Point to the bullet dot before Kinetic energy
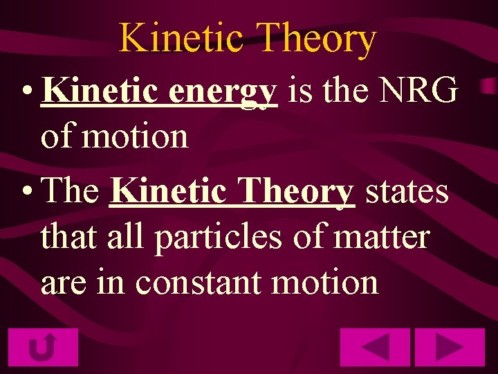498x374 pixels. click(x=26, y=91)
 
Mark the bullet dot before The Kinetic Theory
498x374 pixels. click(x=26, y=191)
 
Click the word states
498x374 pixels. click(x=406, y=191)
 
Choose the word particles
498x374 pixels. click(x=218, y=237)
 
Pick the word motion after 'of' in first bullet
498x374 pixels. click(x=135, y=136)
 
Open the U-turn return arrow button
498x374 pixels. click(x=43, y=347)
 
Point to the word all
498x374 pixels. click(x=127, y=237)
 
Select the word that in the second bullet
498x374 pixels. click(x=70, y=237)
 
